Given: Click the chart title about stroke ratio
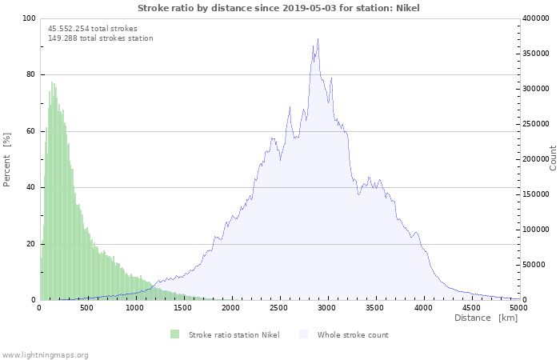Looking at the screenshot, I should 278,8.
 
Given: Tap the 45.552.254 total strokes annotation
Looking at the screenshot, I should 92,29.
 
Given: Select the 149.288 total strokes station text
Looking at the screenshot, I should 100,38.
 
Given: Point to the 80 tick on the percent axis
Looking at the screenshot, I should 31,75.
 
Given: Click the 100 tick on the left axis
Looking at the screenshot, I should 29,18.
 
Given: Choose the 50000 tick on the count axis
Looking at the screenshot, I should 535,265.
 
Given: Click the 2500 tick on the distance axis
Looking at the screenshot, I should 279,307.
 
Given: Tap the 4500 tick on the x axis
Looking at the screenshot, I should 471,307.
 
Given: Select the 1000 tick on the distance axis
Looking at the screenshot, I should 135,307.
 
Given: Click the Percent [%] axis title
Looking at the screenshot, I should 7,160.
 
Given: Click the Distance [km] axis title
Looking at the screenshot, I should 486,318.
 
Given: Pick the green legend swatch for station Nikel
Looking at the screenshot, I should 175,334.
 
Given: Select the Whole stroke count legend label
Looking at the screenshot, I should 353,334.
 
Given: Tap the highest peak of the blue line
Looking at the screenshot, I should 318,39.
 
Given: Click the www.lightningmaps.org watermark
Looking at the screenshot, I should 45,354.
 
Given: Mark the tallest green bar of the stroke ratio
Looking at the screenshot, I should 52,82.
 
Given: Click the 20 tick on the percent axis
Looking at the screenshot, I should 31,244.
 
